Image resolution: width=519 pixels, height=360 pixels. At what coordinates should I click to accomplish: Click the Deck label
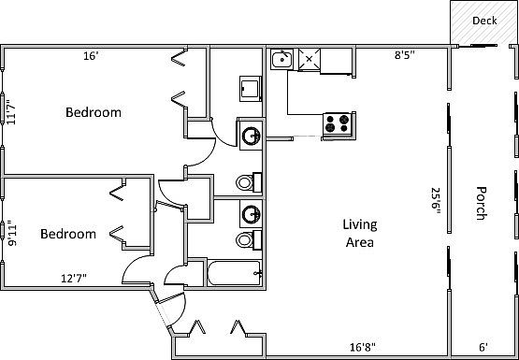point(483,20)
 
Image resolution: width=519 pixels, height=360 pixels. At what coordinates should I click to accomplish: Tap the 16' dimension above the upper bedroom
point(91,56)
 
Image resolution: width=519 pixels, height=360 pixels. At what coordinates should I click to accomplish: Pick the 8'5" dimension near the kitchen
point(404,56)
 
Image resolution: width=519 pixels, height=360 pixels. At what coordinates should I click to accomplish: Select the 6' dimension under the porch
point(483,346)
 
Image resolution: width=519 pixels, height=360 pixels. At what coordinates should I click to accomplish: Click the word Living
point(358,224)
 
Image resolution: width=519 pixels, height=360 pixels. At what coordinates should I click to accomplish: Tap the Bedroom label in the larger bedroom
point(93,112)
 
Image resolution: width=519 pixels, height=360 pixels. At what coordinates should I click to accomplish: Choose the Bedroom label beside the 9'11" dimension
point(68,234)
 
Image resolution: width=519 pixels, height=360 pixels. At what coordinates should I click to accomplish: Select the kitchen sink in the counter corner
point(281,61)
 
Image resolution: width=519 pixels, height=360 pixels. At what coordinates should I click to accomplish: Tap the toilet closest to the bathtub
point(245,240)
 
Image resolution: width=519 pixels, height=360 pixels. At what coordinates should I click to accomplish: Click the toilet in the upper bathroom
point(245,180)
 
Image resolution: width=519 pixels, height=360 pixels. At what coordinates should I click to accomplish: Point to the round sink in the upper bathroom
point(251,136)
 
